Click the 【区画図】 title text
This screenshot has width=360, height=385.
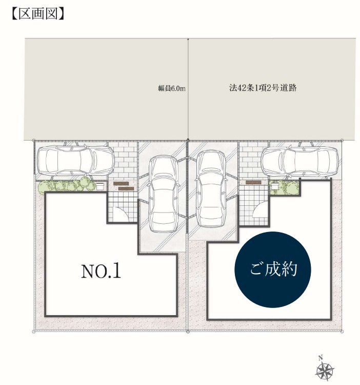(38, 14)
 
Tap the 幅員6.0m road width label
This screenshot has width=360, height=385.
(172, 88)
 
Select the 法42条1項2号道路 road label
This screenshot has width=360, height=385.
(263, 88)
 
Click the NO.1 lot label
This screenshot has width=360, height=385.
(101, 271)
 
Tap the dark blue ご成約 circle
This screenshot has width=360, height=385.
(273, 269)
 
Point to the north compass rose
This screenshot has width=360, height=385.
(325, 369)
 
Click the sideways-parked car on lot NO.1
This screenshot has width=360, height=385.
(75, 160)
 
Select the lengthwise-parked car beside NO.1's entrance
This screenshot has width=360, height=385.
(163, 194)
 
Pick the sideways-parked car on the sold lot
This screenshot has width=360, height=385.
(299, 161)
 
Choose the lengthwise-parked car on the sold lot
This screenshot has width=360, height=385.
(211, 188)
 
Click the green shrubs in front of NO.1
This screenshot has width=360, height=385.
(67, 184)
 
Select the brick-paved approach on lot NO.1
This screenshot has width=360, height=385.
(123, 160)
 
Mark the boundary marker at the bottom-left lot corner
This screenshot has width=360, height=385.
(33, 332)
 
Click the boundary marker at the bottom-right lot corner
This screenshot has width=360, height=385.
(343, 332)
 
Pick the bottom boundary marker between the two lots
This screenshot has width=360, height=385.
(188, 332)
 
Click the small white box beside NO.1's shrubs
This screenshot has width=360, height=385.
(100, 186)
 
